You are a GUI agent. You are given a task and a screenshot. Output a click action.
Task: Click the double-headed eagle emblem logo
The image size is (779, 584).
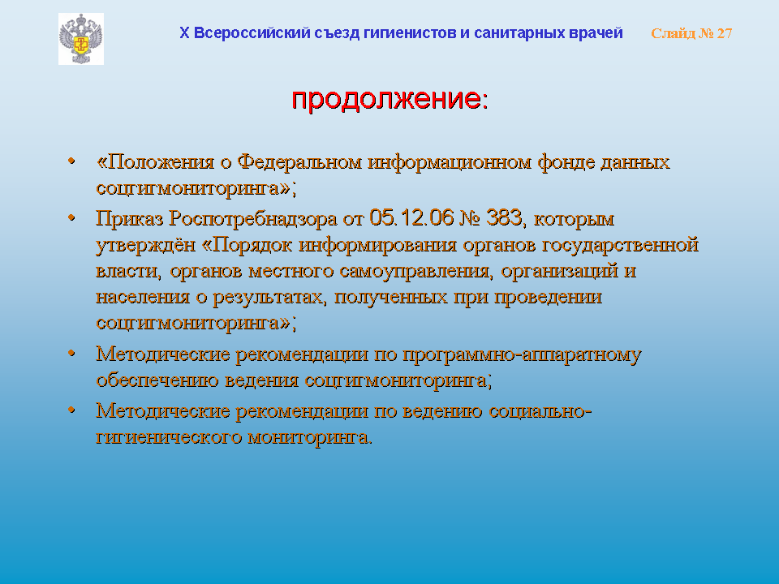(81, 39)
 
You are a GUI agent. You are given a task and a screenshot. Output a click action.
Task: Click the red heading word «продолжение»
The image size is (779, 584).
(386, 98)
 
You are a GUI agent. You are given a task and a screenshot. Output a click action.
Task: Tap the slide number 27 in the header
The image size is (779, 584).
(725, 33)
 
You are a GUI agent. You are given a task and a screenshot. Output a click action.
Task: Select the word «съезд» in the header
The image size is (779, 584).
(335, 33)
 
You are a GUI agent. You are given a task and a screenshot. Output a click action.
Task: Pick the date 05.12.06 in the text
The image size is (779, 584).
(411, 218)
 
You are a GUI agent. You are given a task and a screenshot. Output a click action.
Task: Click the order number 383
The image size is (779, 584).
(504, 218)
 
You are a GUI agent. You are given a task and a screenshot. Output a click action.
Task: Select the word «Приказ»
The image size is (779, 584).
(129, 218)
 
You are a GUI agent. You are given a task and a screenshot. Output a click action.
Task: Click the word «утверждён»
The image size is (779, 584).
(145, 245)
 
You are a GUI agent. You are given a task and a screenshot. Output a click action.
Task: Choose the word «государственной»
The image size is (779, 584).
(620, 245)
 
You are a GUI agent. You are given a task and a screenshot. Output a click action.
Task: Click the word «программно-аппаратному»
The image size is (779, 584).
(522, 354)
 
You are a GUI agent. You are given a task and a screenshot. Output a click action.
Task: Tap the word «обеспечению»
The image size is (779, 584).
(157, 380)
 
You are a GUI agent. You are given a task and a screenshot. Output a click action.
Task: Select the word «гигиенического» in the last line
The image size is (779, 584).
(169, 437)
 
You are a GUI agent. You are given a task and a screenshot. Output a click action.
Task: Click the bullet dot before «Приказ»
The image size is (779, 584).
(71, 217)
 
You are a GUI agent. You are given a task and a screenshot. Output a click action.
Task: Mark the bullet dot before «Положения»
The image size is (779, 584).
(71, 161)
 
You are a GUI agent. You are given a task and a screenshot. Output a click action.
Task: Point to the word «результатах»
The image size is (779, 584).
(269, 298)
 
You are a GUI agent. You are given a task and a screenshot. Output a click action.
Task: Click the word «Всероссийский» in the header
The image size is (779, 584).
(251, 33)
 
